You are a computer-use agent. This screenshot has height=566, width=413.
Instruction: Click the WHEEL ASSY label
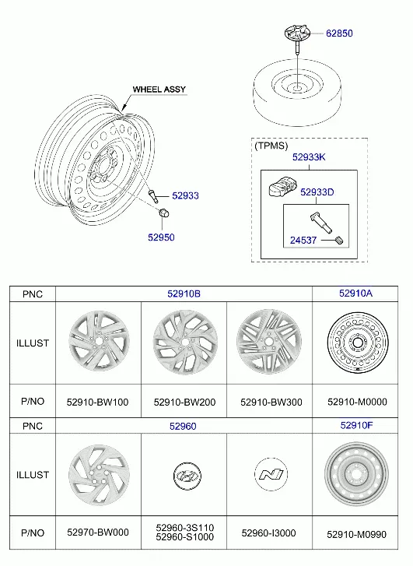[159, 90]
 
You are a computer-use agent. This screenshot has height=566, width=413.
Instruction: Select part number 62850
[339, 33]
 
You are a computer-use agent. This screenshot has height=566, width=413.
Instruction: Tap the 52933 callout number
[185, 195]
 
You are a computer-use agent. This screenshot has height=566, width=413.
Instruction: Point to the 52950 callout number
[161, 237]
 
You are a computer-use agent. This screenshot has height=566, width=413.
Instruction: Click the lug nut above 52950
[164, 213]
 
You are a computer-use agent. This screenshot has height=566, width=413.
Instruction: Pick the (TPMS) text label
[271, 146]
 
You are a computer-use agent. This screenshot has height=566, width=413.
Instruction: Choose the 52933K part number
[309, 157]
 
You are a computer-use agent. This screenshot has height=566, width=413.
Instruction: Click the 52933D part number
[317, 192]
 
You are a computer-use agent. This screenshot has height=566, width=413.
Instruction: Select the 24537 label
[303, 240]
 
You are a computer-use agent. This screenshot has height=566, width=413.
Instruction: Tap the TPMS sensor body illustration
[283, 186]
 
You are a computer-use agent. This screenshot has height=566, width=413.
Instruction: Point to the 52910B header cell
[184, 294]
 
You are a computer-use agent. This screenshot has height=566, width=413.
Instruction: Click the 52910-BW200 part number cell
[184, 403]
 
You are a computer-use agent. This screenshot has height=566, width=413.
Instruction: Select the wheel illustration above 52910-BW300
[269, 342]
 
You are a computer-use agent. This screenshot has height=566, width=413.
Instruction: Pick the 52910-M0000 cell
[357, 402]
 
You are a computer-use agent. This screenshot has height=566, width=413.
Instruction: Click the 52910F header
[356, 425]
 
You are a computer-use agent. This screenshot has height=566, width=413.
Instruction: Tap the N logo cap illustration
[271, 474]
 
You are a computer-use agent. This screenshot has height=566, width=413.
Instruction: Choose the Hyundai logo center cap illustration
[187, 476]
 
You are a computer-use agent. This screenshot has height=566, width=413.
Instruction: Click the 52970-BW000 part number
[98, 532]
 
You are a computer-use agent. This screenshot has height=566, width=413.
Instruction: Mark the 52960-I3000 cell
[268, 533]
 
